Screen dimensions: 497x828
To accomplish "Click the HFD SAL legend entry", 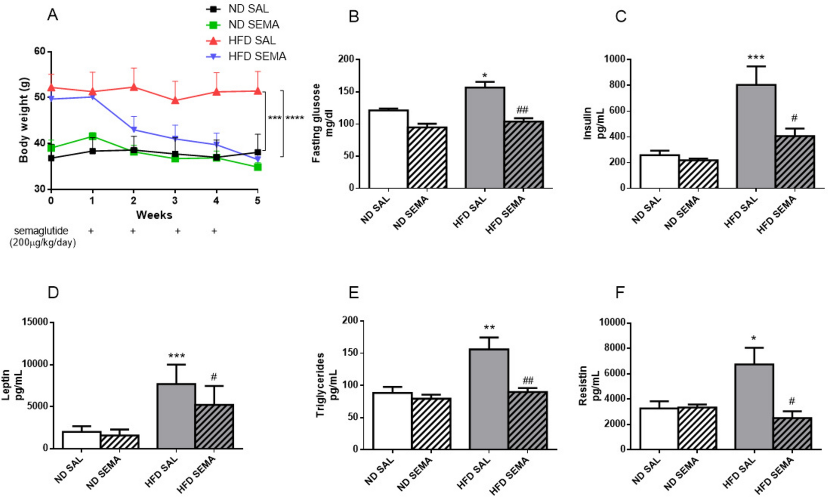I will pos(252,40).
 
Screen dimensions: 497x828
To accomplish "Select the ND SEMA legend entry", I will pos(253,24).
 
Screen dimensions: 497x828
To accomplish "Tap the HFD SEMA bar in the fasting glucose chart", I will pos(524,155).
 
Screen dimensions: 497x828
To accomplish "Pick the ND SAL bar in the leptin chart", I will pos(81,440).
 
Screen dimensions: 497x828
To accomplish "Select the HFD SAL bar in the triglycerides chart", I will pos(489,399).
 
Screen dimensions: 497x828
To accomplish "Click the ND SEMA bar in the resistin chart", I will pos(697,428).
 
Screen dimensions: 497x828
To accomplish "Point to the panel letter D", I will pos(53,293).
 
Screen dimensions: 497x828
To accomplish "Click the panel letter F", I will pos(620,293).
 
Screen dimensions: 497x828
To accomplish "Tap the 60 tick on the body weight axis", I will pos(39,52).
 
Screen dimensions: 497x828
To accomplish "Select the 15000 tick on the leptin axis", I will pos(35,322).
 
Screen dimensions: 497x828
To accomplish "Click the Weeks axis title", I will pos(154,215).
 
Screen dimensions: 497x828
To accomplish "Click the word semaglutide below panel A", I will pos(41,231).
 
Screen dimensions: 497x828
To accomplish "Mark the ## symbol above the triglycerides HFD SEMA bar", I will pos(528,380).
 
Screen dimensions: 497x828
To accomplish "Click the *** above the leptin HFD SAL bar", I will pos(177,356).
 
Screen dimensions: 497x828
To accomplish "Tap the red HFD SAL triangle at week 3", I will pos(175,100).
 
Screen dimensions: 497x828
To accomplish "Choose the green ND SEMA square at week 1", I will pos(92,136).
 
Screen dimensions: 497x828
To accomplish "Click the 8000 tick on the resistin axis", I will pos(614,348).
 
